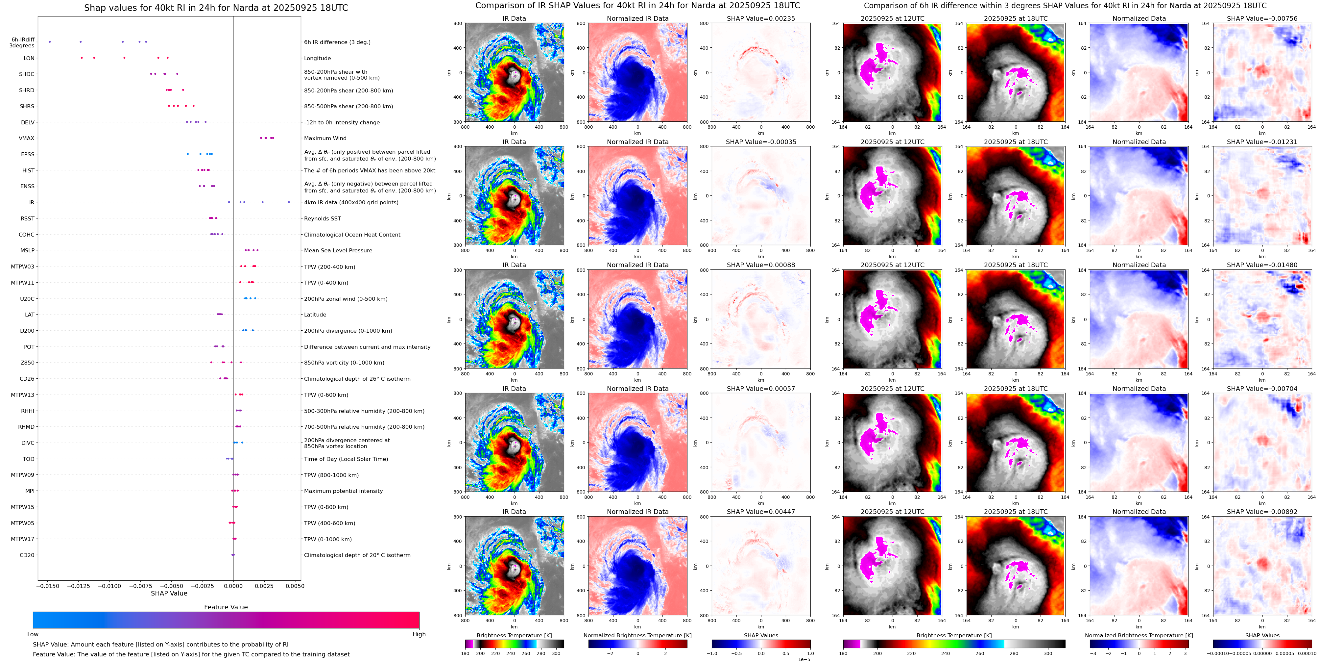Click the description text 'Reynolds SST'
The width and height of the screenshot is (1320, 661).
(322, 218)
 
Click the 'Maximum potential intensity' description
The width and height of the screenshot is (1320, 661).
(343, 491)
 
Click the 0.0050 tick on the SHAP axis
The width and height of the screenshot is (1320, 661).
(295, 586)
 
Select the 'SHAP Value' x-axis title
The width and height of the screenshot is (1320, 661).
(169, 593)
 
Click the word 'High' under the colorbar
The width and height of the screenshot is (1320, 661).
(419, 634)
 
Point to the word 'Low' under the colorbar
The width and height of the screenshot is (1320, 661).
(33, 634)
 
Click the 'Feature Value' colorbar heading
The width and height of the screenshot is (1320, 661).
(226, 607)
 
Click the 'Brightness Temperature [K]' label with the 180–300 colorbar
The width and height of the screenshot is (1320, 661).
(514, 635)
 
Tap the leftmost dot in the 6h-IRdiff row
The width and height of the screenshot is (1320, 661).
(50, 41)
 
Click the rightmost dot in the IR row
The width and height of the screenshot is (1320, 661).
(289, 202)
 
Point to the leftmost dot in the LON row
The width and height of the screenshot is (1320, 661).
(82, 58)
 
